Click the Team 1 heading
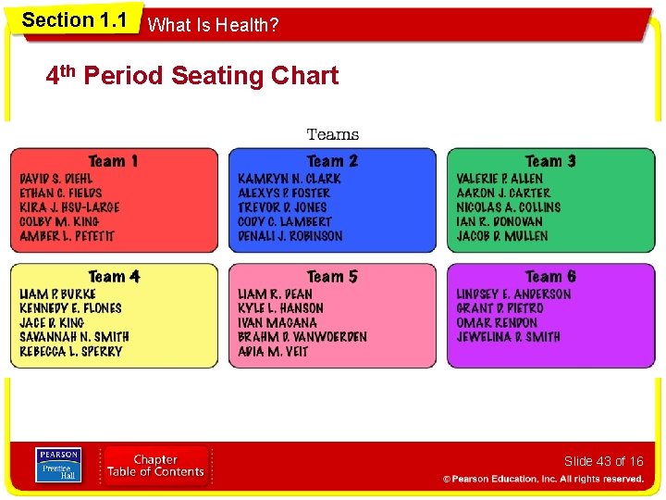[113, 161]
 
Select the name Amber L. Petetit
[67, 236]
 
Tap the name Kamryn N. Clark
[290, 179]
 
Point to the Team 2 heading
[332, 161]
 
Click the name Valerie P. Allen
[499, 179]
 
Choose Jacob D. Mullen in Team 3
[502, 236]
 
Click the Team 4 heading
[114, 277]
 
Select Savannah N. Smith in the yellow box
[74, 337]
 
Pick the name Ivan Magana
[277, 323]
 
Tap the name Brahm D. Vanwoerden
[302, 337]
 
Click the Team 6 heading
[550, 277]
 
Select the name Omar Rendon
[497, 323]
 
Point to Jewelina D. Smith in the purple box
[508, 337]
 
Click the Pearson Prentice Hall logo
[57, 465]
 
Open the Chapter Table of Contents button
[155, 466]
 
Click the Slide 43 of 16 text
[603, 461]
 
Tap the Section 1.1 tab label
[74, 20]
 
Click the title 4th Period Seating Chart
[192, 76]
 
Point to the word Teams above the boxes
[332, 135]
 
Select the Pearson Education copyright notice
[543, 479]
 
